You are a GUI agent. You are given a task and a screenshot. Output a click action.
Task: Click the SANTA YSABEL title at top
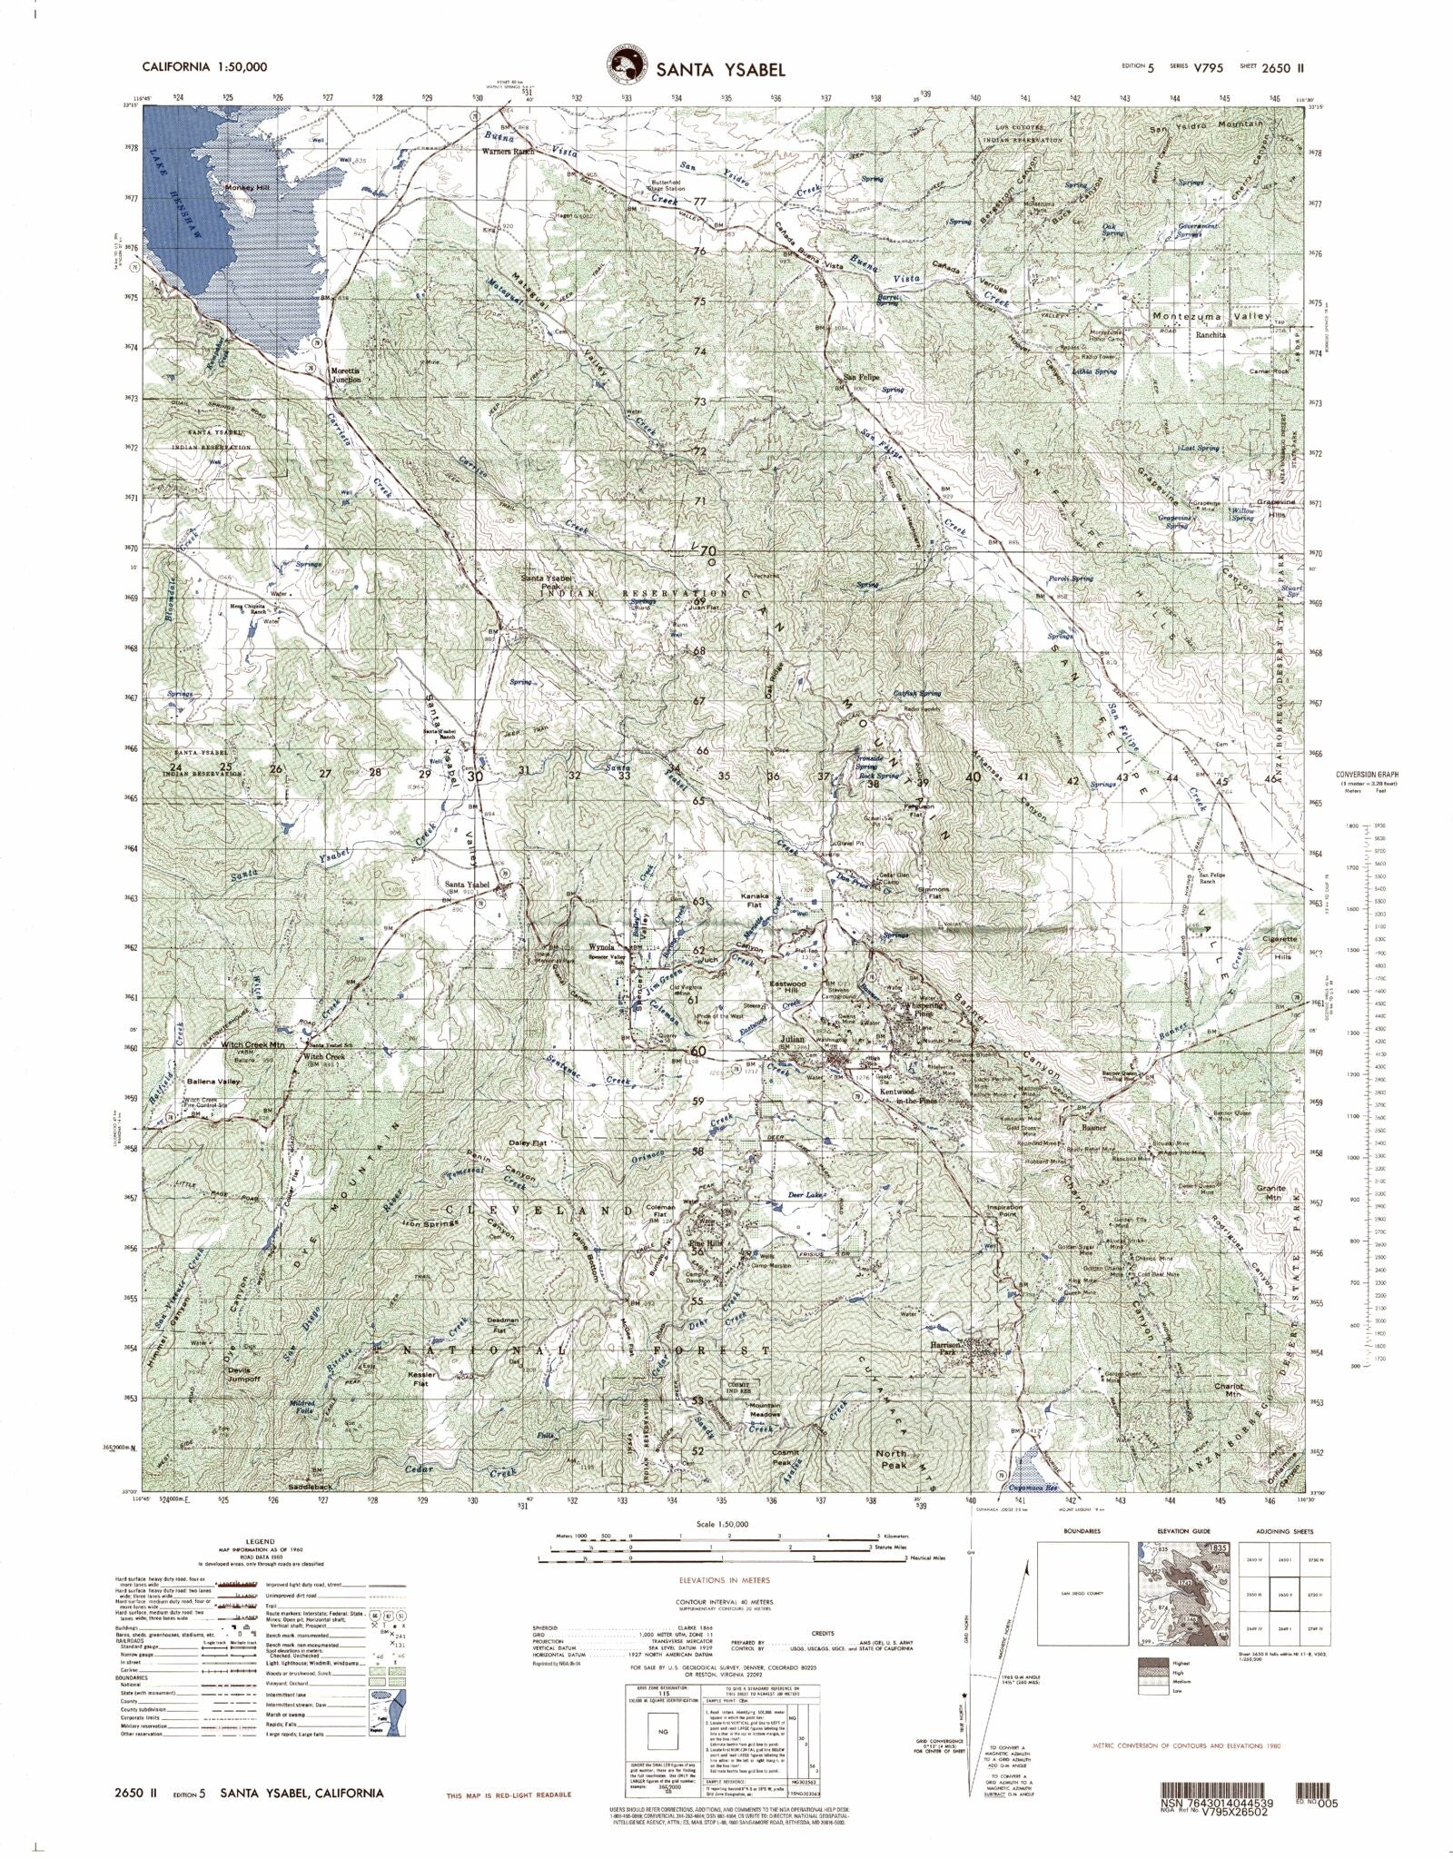(717, 69)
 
